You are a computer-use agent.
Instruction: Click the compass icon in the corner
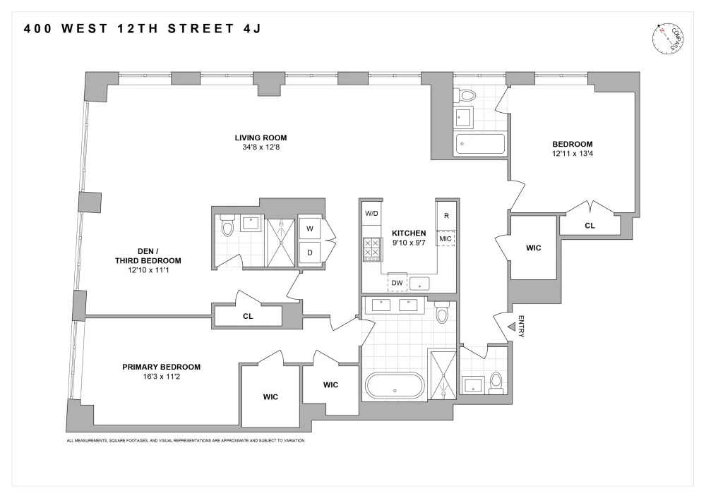668,38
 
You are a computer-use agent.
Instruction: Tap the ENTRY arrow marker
512,327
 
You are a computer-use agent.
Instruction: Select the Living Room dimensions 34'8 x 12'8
261,147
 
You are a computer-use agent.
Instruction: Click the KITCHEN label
409,233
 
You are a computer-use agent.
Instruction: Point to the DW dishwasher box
397,283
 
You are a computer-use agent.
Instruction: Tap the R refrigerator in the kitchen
446,215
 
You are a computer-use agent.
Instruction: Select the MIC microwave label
445,238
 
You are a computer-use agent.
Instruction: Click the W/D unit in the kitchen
371,213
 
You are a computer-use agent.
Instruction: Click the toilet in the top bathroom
465,95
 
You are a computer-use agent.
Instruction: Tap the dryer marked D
310,253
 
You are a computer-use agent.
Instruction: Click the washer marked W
310,229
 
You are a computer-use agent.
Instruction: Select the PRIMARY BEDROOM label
161,367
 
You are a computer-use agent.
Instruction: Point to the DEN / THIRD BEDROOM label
148,256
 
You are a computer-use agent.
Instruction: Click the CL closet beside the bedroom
590,226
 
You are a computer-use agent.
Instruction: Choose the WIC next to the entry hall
534,248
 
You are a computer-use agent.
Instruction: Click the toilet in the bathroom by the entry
496,383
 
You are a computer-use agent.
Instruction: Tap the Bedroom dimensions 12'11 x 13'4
573,153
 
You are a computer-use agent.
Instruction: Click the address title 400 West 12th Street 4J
143,29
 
